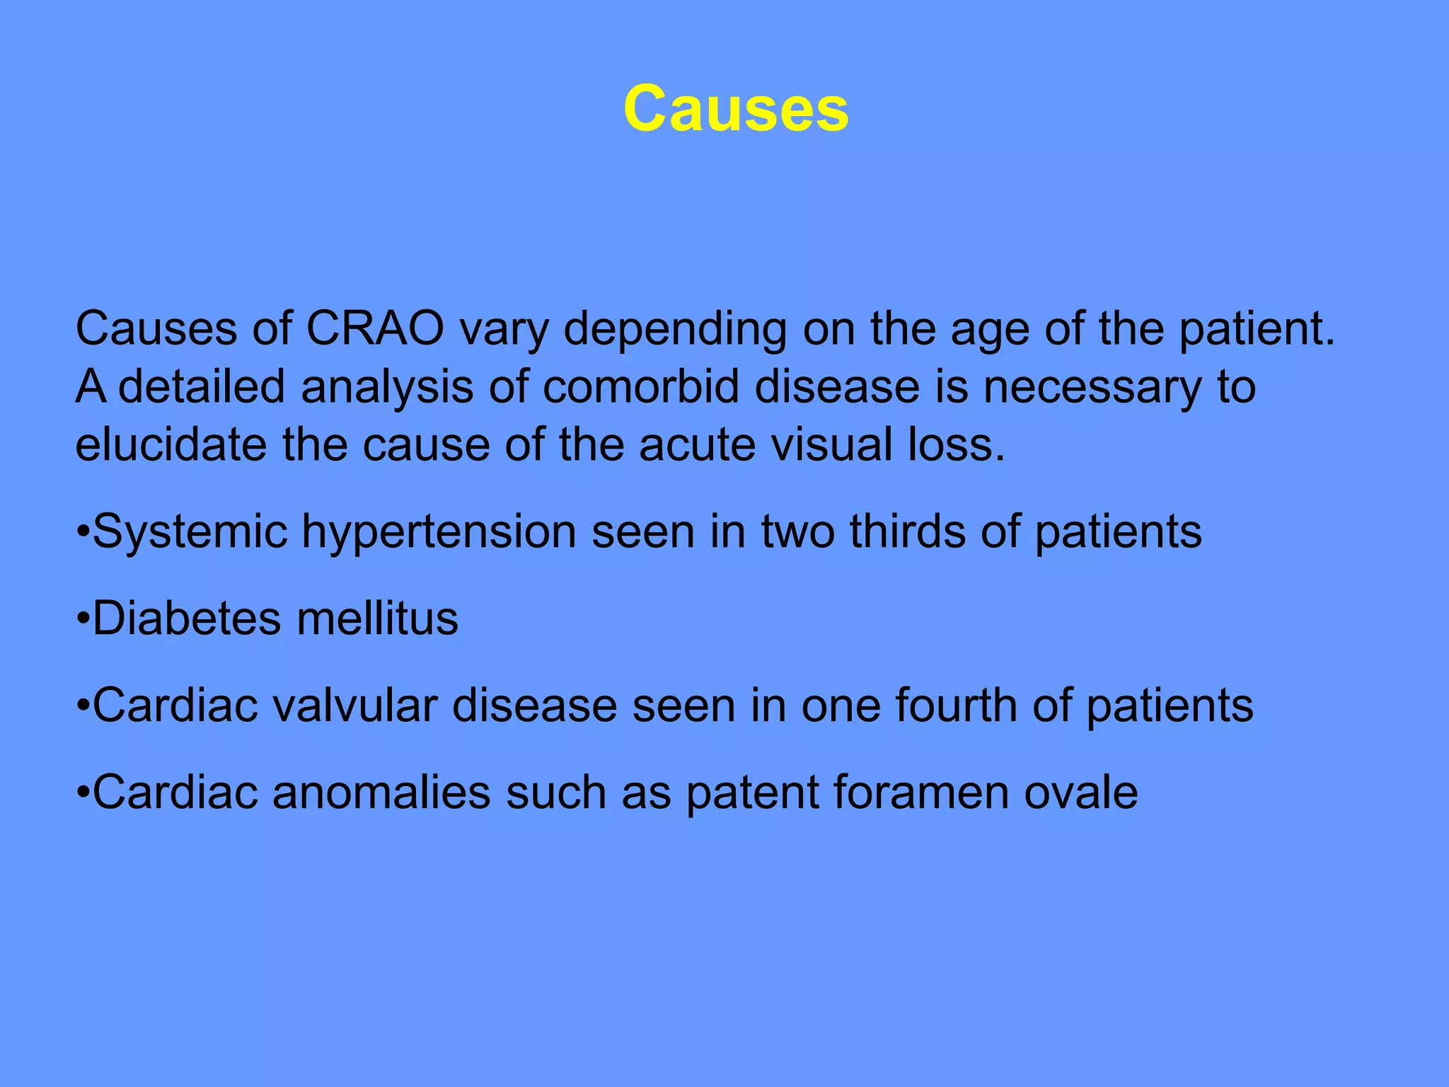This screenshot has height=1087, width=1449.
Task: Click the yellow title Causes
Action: click(x=736, y=109)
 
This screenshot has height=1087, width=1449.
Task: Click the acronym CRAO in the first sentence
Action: click(x=375, y=329)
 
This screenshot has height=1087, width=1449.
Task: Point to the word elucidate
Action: click(x=171, y=445)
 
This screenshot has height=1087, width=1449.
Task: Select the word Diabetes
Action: click(x=187, y=619)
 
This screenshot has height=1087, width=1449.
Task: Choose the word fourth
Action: click(x=956, y=706)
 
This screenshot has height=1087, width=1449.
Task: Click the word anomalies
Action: click(x=381, y=793)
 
